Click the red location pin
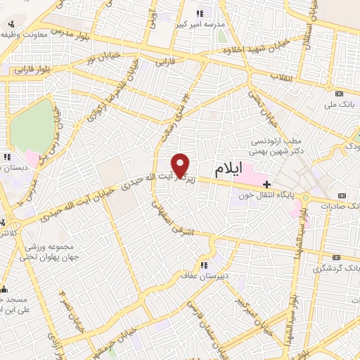pyautogui.click(x=181, y=165)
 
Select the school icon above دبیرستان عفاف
pyautogui.click(x=204, y=265)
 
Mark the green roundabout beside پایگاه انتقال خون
pyautogui.click(x=305, y=198)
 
